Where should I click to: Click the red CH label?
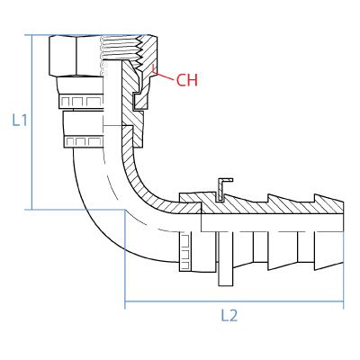[187, 80]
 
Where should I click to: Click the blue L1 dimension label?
[20, 121]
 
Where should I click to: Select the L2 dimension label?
[229, 316]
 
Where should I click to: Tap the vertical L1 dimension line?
[31, 122]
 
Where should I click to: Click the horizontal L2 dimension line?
[234, 301]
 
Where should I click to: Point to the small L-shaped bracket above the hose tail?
[223, 189]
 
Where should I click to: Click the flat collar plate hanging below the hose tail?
[226, 258]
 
